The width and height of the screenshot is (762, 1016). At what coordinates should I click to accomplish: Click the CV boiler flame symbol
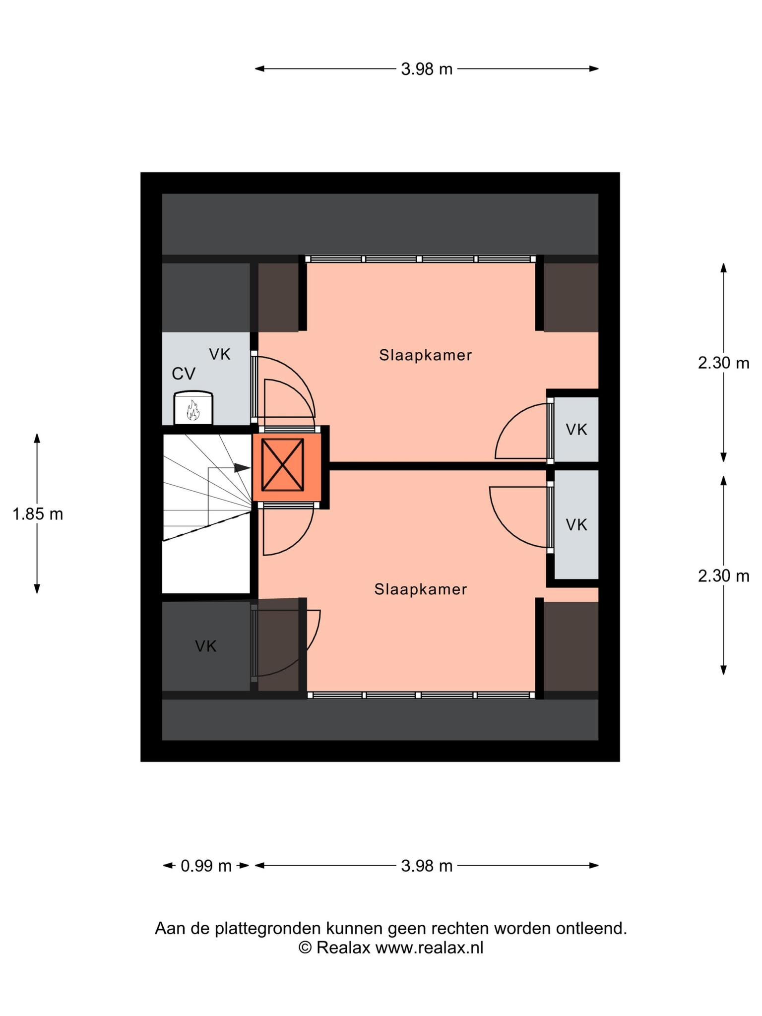(x=192, y=410)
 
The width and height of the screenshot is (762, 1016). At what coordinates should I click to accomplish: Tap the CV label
(x=184, y=374)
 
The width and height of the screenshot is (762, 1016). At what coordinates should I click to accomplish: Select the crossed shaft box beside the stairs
(x=283, y=465)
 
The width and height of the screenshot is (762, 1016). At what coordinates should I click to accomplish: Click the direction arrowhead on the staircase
(x=242, y=467)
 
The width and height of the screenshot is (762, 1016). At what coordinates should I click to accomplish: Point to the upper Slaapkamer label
(x=425, y=355)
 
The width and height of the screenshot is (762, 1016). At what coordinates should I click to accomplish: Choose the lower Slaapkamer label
(x=421, y=589)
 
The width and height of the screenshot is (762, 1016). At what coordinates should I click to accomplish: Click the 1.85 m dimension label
(x=38, y=514)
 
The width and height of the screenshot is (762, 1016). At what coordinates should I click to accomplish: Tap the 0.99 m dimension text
(x=206, y=866)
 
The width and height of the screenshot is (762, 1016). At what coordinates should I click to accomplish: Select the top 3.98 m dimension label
(x=427, y=69)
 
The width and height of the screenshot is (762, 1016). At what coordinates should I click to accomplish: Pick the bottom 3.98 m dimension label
(x=427, y=866)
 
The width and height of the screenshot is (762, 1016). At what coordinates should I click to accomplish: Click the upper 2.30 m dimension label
(x=723, y=363)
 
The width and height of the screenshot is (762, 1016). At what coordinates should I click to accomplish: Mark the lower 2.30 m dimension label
(x=723, y=576)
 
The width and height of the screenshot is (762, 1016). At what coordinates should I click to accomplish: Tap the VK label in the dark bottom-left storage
(x=205, y=646)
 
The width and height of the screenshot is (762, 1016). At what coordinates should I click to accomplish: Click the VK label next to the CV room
(x=220, y=354)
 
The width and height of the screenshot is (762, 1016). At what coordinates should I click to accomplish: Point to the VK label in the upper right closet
(x=576, y=430)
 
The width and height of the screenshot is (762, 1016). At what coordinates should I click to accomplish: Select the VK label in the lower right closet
(x=576, y=524)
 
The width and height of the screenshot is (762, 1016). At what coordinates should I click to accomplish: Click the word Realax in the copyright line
(x=343, y=948)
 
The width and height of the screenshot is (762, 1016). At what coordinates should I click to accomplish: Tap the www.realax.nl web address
(x=429, y=948)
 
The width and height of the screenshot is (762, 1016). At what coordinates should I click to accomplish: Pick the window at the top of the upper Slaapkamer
(x=420, y=259)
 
